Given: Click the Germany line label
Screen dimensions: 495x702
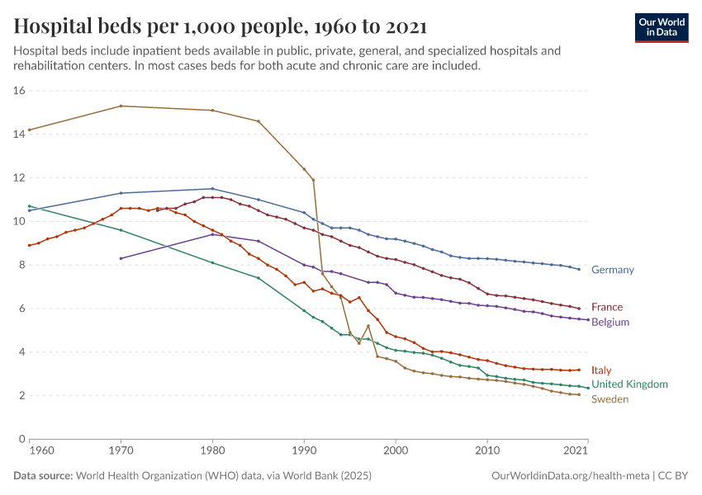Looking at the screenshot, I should pyautogui.click(x=612, y=270).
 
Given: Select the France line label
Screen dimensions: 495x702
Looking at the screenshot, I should pyautogui.click(x=607, y=308).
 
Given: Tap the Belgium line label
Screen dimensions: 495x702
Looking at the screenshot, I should pyautogui.click(x=610, y=322).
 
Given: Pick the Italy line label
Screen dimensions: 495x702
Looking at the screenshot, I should pyautogui.click(x=601, y=370).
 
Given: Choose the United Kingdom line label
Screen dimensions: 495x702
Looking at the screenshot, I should pyautogui.click(x=629, y=384).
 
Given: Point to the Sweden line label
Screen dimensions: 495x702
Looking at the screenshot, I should pyautogui.click(x=610, y=399).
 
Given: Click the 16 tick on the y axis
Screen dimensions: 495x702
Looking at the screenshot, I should pyautogui.click(x=20, y=91).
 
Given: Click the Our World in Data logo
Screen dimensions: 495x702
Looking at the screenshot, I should pyautogui.click(x=662, y=27).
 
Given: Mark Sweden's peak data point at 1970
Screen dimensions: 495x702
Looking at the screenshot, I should pyautogui.click(x=121, y=106).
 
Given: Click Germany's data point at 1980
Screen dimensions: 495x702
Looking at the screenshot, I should pyautogui.click(x=212, y=189).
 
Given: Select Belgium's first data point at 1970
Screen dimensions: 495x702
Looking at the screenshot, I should pyautogui.click(x=121, y=258).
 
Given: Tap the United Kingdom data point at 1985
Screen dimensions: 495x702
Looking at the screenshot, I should pyautogui.click(x=259, y=278).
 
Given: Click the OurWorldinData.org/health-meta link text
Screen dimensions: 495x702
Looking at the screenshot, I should pyautogui.click(x=570, y=476).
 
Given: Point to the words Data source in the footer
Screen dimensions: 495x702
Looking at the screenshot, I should pyautogui.click(x=42, y=476).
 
